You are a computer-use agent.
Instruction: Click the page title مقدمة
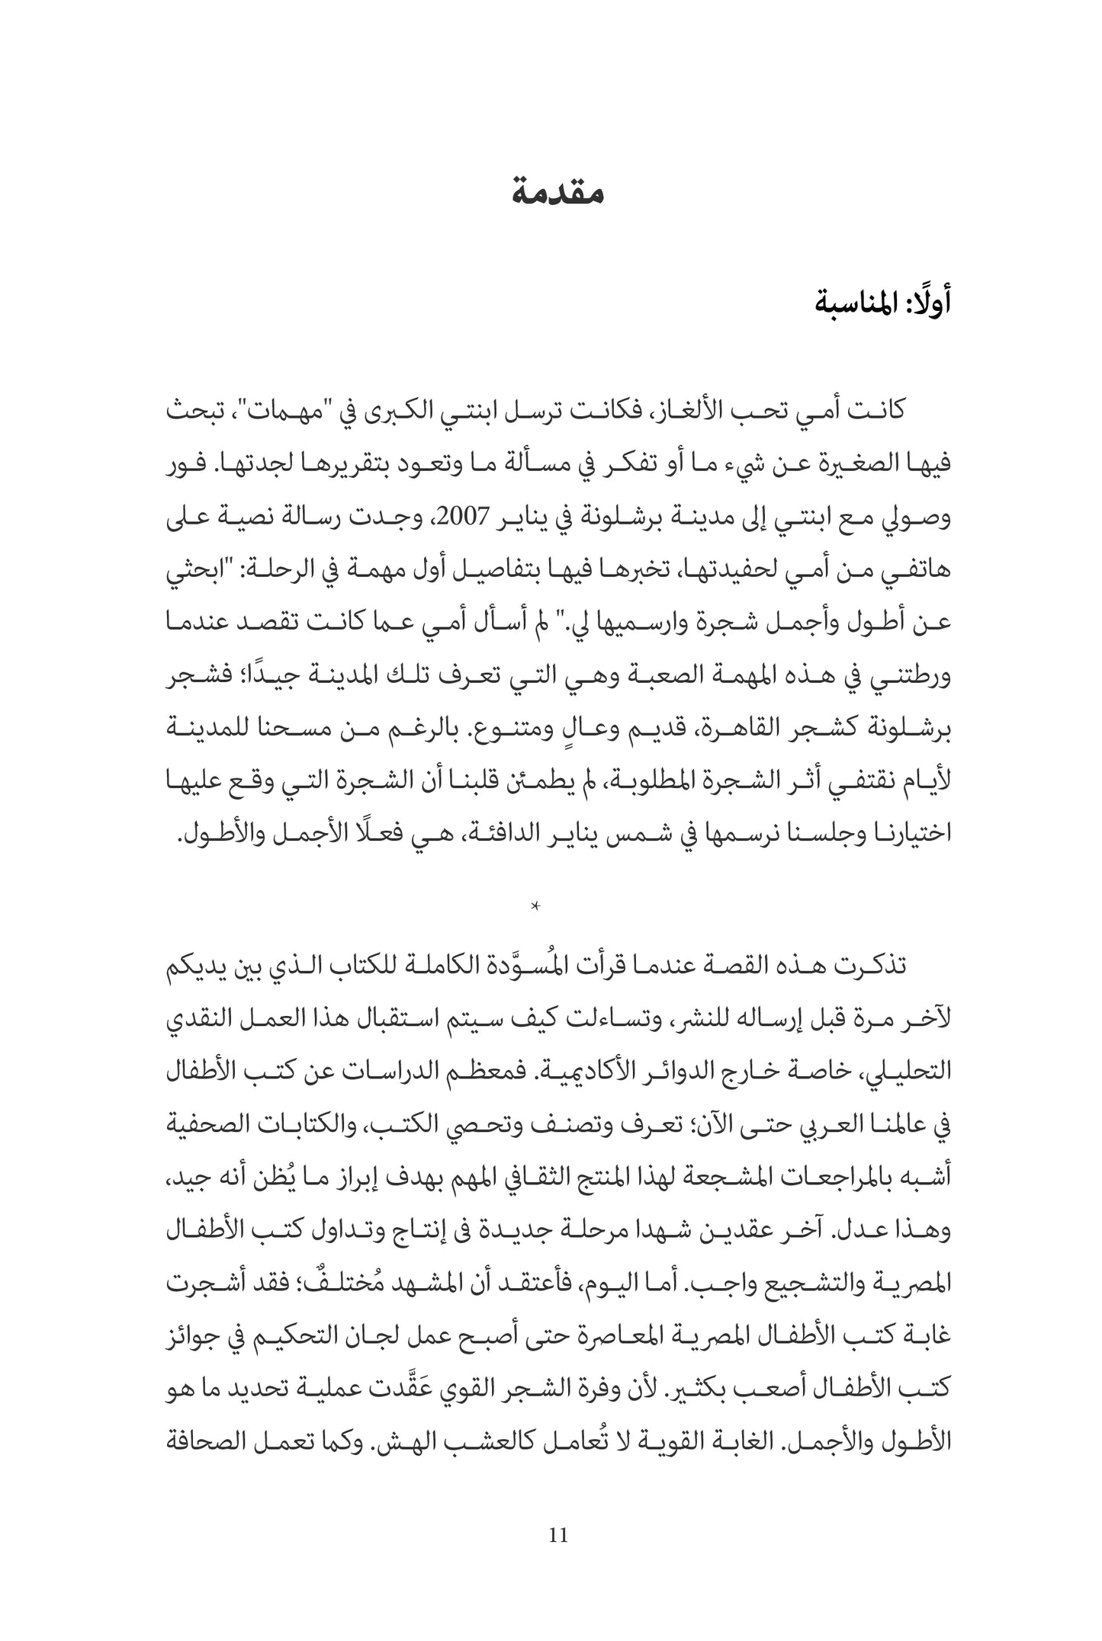coord(558,191)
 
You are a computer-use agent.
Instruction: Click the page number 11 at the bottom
coord(557,1535)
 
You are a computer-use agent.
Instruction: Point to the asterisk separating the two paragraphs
coord(535,906)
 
